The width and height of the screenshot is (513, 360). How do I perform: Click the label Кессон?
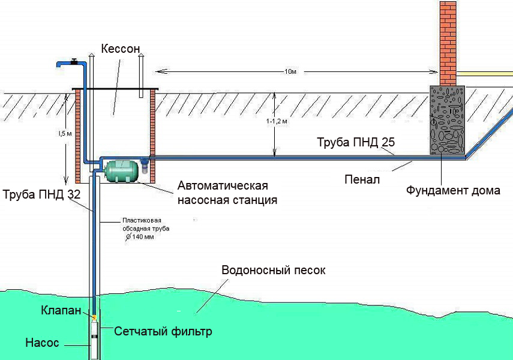click(x=121, y=49)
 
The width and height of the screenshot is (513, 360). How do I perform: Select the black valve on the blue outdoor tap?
click(x=74, y=61)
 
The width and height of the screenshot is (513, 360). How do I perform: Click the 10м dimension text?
click(x=290, y=71)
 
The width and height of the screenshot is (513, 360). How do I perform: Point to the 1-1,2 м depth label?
click(x=277, y=121)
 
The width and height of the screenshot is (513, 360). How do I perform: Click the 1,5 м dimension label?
click(x=65, y=134)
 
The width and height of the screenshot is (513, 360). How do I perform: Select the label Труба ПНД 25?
click(x=356, y=142)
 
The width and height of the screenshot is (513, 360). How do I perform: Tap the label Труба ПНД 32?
click(x=41, y=194)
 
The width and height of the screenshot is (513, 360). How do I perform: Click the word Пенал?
click(x=362, y=179)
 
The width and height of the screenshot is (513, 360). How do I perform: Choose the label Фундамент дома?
click(x=453, y=190)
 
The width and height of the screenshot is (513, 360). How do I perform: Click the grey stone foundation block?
click(x=447, y=120)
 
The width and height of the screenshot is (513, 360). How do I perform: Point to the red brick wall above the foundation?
click(x=448, y=44)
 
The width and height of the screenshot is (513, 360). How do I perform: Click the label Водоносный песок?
click(x=274, y=271)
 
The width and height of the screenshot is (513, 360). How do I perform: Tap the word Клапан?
click(x=61, y=310)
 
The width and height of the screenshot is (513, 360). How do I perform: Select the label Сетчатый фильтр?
click(x=163, y=331)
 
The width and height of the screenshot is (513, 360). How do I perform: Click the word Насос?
click(x=42, y=343)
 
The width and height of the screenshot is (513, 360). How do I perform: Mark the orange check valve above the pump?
click(x=95, y=317)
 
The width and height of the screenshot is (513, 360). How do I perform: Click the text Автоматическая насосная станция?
click(x=227, y=193)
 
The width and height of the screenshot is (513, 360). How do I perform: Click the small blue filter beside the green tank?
click(x=145, y=165)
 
